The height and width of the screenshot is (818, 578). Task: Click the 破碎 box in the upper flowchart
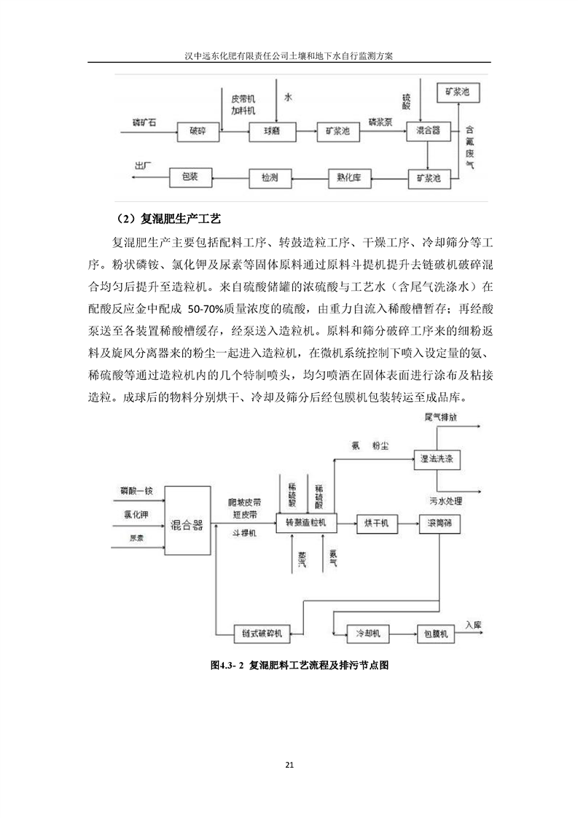(198, 131)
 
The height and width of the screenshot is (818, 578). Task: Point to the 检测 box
(268, 177)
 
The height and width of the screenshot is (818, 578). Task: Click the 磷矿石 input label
(144, 122)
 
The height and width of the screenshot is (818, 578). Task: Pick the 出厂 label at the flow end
(143, 167)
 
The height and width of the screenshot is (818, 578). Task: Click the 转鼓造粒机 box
(306, 523)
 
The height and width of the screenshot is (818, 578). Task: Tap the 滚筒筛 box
(441, 523)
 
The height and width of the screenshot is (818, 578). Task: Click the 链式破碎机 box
(262, 633)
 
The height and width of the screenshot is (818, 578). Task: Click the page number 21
(289, 764)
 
